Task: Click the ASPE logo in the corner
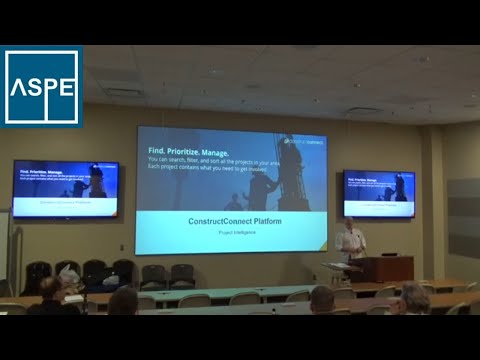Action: point(42,87)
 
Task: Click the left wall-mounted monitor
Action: point(65,189)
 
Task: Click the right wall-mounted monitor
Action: point(378,193)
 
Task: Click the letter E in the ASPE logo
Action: point(66,88)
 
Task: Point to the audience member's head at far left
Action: point(47,290)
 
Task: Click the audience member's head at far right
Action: point(414,295)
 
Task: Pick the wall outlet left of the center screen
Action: point(123,247)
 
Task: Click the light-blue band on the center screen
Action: point(231,225)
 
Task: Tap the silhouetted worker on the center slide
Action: point(290,170)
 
